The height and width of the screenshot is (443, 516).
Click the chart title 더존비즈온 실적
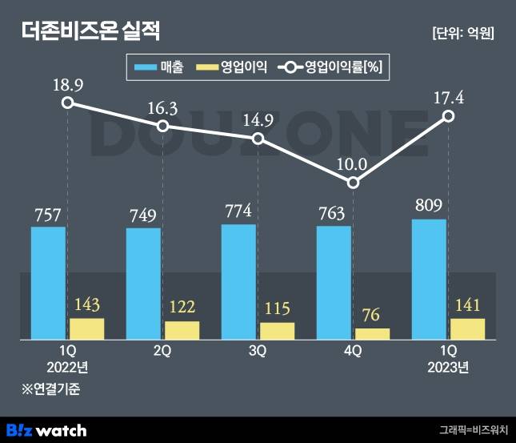tap(90, 31)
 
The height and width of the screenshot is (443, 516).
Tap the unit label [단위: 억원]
tap(462, 33)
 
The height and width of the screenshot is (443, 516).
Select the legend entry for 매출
tap(160, 68)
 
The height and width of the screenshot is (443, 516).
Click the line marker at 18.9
tap(68, 103)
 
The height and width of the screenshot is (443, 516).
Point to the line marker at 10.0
tap(354, 183)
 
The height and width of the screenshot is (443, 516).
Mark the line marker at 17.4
tap(449, 116)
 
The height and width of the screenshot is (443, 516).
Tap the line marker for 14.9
tap(258, 139)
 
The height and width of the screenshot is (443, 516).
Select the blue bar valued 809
tap(429, 280)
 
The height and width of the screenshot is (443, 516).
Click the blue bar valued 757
tap(48, 284)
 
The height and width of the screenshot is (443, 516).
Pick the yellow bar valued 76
tap(372, 334)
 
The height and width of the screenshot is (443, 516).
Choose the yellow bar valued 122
tap(182, 331)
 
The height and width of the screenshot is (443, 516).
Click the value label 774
tap(238, 211)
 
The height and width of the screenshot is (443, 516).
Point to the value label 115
tap(277, 309)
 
